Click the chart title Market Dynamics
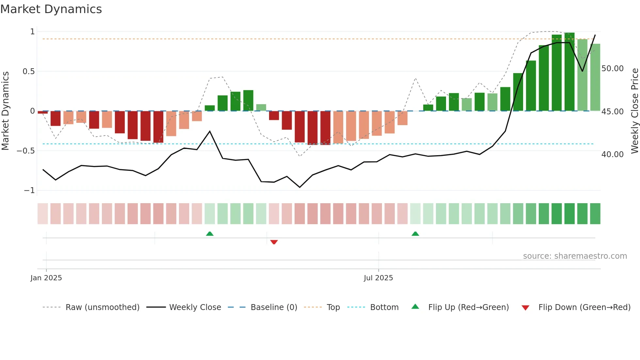coord(51,9)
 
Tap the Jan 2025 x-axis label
coord(46,278)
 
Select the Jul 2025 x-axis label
coord(378,278)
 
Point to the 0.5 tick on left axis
coord(28,71)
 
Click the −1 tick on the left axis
coord(29,190)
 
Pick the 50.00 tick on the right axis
coord(613,69)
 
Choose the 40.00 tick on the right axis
coord(613,154)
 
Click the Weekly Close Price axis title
coord(634,111)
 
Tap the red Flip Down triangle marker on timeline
coord(274,242)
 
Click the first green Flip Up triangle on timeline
coord(210,234)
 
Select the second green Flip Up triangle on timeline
coord(415,234)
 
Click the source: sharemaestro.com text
coord(575,256)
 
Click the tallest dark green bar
coord(569,72)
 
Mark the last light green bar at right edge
coord(595,77)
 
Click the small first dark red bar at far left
coord(43,112)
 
